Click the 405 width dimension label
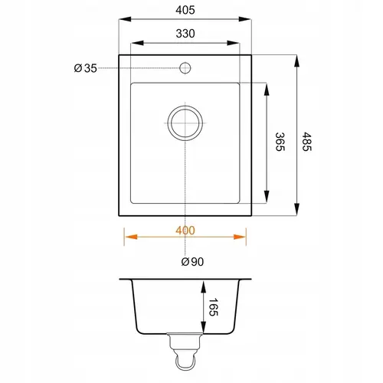pyautogui.click(x=185, y=10)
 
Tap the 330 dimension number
pyautogui.click(x=185, y=34)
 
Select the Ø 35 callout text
pyautogui.click(x=86, y=68)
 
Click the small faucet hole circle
pyautogui.click(x=185, y=68)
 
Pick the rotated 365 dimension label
pyautogui.click(x=280, y=142)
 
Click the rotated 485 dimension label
pyautogui.click(x=306, y=142)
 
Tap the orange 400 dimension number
pyautogui.click(x=185, y=231)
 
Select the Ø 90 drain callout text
pyautogui.click(x=192, y=262)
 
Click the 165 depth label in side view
pyautogui.click(x=213, y=307)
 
